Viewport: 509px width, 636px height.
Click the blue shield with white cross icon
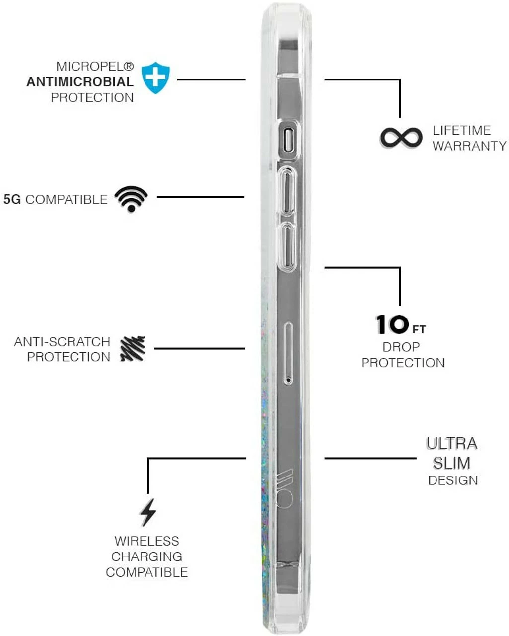[x=155, y=78]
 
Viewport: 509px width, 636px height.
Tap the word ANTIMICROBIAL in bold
[x=80, y=82]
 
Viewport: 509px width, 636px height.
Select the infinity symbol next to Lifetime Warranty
[x=401, y=138]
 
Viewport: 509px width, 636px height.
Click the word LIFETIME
[x=461, y=130]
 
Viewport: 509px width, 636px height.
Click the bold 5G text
[x=12, y=200]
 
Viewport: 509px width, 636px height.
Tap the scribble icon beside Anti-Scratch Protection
[x=133, y=348]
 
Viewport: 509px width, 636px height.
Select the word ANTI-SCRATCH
[x=62, y=342]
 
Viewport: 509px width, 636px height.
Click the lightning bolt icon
[x=147, y=512]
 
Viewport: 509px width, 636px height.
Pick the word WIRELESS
[x=146, y=541]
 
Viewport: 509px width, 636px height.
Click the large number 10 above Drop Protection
[x=392, y=325]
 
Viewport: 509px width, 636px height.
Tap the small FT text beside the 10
[x=419, y=329]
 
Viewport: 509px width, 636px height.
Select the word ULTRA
[x=451, y=443]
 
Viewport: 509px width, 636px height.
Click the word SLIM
[x=451, y=463]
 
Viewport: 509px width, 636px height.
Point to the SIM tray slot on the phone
[x=288, y=353]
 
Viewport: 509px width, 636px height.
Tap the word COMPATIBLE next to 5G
[x=66, y=200]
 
